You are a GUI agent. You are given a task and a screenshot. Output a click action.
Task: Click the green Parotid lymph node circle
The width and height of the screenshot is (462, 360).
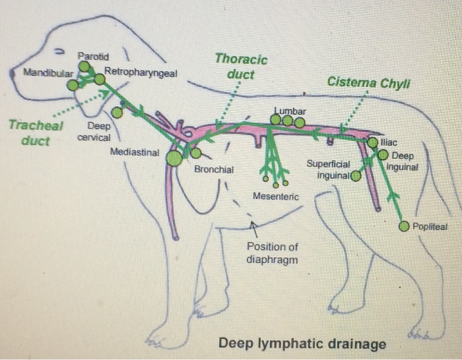click(84, 66)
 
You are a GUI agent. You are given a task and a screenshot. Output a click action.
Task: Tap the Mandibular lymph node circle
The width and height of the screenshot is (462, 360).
click(73, 85)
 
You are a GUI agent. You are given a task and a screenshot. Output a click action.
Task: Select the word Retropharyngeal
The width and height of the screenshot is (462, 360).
click(141, 72)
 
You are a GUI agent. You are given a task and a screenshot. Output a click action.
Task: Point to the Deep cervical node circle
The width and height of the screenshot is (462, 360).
click(117, 113)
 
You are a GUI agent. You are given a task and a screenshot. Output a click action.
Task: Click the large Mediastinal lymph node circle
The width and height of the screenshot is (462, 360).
click(174, 158)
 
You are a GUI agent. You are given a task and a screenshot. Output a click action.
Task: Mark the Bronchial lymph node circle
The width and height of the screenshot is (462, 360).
click(196, 153)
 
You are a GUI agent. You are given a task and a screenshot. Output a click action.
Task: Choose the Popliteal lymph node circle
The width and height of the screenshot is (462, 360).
click(404, 226)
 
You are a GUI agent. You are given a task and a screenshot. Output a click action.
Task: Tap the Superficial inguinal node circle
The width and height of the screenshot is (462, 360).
click(356, 176)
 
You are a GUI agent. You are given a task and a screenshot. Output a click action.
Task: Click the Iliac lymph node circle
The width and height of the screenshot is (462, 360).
click(373, 142)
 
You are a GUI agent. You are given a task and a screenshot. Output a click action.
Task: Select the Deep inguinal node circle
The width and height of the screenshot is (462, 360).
click(383, 154)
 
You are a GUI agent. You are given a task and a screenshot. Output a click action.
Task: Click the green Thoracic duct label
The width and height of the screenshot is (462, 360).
click(241, 67)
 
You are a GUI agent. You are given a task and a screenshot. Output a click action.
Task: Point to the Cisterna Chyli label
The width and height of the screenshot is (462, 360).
click(368, 82)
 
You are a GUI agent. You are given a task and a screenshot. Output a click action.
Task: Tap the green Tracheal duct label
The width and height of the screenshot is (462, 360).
click(36, 133)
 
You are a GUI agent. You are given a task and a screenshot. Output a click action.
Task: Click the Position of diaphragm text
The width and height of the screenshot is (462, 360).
click(272, 253)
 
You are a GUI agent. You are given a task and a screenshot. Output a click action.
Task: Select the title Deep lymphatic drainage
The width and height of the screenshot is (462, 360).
click(302, 344)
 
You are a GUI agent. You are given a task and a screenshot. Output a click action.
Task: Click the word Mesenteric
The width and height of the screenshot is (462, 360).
click(276, 196)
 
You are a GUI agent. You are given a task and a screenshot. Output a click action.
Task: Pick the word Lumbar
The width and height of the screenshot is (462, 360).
click(290, 111)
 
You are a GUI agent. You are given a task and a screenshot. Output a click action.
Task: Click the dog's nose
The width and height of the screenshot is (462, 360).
click(12, 73)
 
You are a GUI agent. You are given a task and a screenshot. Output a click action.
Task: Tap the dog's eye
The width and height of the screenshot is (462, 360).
click(60, 51)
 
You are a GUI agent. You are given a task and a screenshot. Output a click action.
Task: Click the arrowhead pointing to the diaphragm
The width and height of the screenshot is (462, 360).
click(253, 225)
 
